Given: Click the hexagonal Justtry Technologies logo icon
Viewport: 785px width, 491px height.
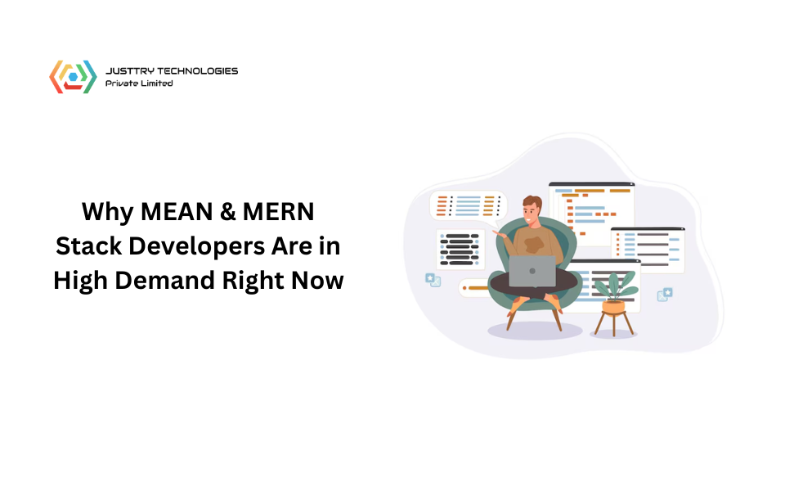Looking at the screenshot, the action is tap(73, 77).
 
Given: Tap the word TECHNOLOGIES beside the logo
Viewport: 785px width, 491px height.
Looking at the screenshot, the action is tap(198, 70).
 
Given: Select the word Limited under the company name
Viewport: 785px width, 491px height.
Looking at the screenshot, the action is tap(156, 83).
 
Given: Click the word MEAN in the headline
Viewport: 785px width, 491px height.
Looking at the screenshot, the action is tap(177, 211).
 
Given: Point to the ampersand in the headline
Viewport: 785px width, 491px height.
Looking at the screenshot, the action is tap(227, 211).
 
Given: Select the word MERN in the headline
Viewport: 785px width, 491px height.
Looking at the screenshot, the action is tap(278, 211).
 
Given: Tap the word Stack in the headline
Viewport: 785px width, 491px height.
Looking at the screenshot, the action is tap(88, 246).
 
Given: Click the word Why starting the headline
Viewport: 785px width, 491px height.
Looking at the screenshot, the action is tap(108, 213).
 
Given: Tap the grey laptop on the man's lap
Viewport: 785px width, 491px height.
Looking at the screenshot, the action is tap(532, 271).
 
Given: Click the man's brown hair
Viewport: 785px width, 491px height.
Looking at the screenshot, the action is tap(532, 202).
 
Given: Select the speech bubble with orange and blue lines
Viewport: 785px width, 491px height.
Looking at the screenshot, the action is tap(469, 206).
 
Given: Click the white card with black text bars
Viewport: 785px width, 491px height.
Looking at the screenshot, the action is tap(460, 249).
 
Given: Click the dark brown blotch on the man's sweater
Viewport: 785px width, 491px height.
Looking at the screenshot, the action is tap(534, 245).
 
